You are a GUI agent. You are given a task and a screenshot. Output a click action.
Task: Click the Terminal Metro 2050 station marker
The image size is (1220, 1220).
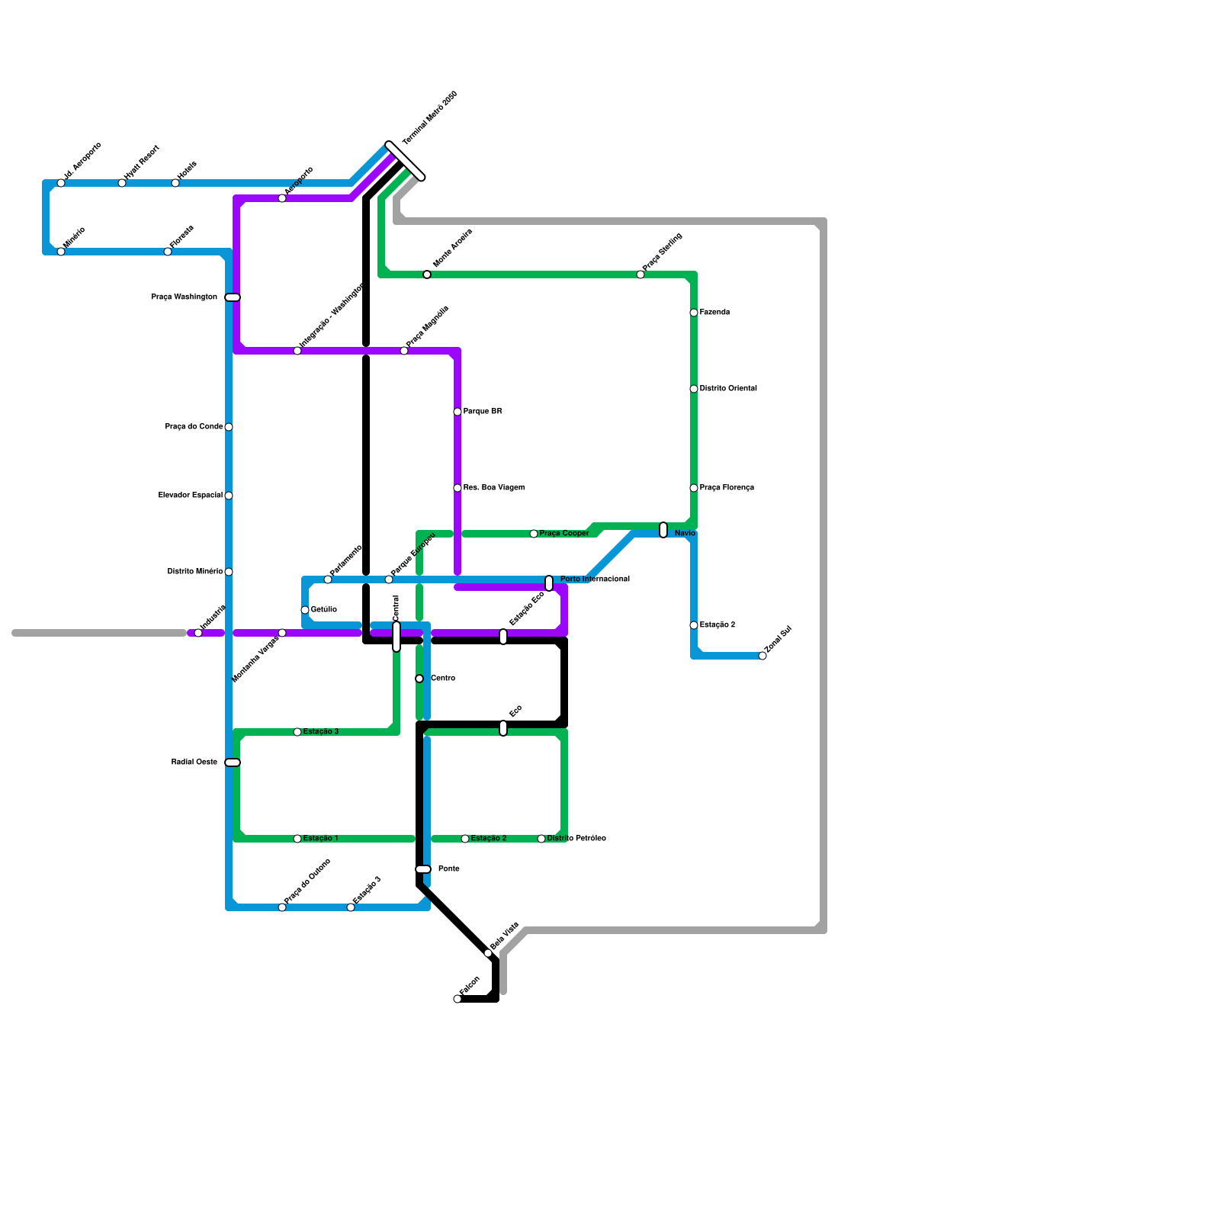tap(405, 161)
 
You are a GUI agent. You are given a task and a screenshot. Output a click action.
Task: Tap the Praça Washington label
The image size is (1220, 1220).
tap(184, 297)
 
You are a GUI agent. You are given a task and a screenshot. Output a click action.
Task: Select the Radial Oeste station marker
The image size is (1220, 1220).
tap(233, 762)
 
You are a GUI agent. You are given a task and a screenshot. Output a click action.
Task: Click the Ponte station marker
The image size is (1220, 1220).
tap(423, 869)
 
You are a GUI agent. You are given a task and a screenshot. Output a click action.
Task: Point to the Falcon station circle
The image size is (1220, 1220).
tap(457, 999)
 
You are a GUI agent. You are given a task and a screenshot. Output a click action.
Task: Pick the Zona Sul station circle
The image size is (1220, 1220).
tap(762, 656)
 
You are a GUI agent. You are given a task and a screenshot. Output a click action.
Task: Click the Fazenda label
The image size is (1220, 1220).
tap(714, 313)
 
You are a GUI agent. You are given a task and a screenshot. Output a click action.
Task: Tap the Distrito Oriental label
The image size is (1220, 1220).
tap(728, 389)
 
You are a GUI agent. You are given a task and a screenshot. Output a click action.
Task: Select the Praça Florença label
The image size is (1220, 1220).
tap(727, 488)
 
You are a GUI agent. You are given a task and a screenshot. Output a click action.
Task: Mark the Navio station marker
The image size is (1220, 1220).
tap(663, 530)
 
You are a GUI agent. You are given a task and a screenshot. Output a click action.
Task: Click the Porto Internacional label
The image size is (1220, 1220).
tap(595, 579)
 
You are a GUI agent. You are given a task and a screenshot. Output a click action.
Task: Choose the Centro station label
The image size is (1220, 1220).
tap(443, 679)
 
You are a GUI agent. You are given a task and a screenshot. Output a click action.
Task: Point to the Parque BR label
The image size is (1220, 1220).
tap(483, 412)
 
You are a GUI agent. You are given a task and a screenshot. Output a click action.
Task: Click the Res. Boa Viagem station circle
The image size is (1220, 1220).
tap(457, 488)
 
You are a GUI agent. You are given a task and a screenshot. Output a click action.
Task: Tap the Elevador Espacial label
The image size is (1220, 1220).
tap(191, 496)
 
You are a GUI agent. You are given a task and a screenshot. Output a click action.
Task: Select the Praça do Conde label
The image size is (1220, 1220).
tap(194, 427)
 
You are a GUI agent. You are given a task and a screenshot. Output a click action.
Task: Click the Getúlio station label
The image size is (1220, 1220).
tap(324, 610)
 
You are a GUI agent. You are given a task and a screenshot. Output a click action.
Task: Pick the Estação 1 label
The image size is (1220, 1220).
tap(320, 839)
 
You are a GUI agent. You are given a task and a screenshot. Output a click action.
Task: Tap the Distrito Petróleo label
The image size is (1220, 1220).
tap(576, 839)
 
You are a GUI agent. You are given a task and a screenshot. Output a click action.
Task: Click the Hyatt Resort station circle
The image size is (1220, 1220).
tap(122, 183)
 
